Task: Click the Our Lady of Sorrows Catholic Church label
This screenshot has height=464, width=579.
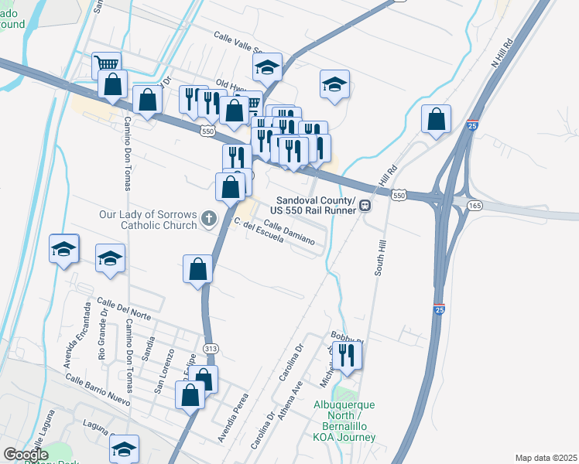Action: (x=148, y=220)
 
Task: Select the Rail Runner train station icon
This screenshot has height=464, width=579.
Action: (x=364, y=206)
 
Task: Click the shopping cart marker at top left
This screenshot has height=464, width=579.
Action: (x=106, y=63)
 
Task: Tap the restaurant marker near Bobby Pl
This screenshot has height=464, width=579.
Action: (x=347, y=356)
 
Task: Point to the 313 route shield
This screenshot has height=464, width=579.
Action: (x=211, y=350)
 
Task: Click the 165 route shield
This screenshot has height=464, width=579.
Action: (x=475, y=206)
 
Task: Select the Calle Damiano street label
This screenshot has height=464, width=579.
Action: (x=289, y=232)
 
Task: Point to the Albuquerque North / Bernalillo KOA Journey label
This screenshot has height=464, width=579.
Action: (x=344, y=421)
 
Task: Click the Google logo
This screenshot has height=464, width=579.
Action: (x=26, y=455)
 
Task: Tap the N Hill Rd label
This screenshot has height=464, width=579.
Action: (x=503, y=53)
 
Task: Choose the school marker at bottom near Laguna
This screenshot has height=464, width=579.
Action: (x=124, y=448)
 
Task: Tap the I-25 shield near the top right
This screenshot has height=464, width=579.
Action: (x=473, y=125)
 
